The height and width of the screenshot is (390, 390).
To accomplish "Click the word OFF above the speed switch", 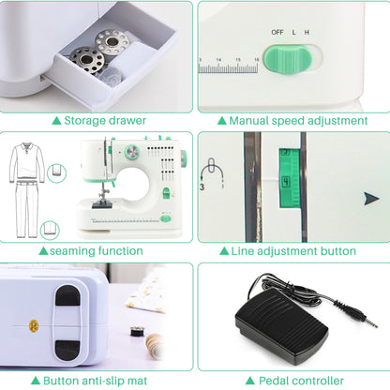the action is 277,32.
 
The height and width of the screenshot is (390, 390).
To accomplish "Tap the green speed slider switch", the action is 288,59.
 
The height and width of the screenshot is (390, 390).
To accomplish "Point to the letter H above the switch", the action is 307,32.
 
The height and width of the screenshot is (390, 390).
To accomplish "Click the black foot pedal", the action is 280,322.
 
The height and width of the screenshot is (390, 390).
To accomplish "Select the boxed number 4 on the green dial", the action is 286,182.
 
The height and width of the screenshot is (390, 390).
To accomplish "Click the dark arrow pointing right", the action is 371,199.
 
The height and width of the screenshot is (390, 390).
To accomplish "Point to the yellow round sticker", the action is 34,326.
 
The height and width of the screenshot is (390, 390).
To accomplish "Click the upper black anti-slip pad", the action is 67,295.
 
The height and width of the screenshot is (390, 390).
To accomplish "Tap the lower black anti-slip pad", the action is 67,350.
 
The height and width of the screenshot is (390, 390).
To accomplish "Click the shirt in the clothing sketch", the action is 27,162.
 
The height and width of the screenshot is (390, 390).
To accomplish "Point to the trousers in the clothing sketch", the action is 27,209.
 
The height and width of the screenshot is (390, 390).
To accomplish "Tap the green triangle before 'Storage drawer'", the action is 56,120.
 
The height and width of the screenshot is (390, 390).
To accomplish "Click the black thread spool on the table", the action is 137,331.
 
